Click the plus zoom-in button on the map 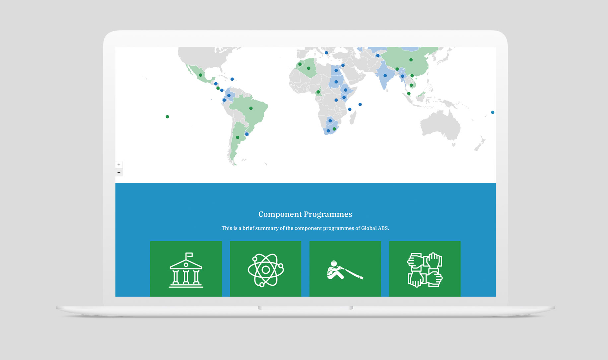(119, 165)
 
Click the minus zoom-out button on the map (119, 173)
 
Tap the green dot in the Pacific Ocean (168, 117)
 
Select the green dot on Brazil (251, 108)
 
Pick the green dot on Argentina (237, 137)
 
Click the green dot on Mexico (201, 75)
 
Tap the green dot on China (411, 60)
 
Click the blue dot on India (385, 76)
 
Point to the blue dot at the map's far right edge (493, 112)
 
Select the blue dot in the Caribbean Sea (232, 79)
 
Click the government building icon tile (186, 269)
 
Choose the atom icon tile (266, 269)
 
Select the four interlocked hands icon (425, 270)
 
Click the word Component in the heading (280, 214)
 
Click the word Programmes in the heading (328, 215)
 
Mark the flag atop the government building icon (189, 255)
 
